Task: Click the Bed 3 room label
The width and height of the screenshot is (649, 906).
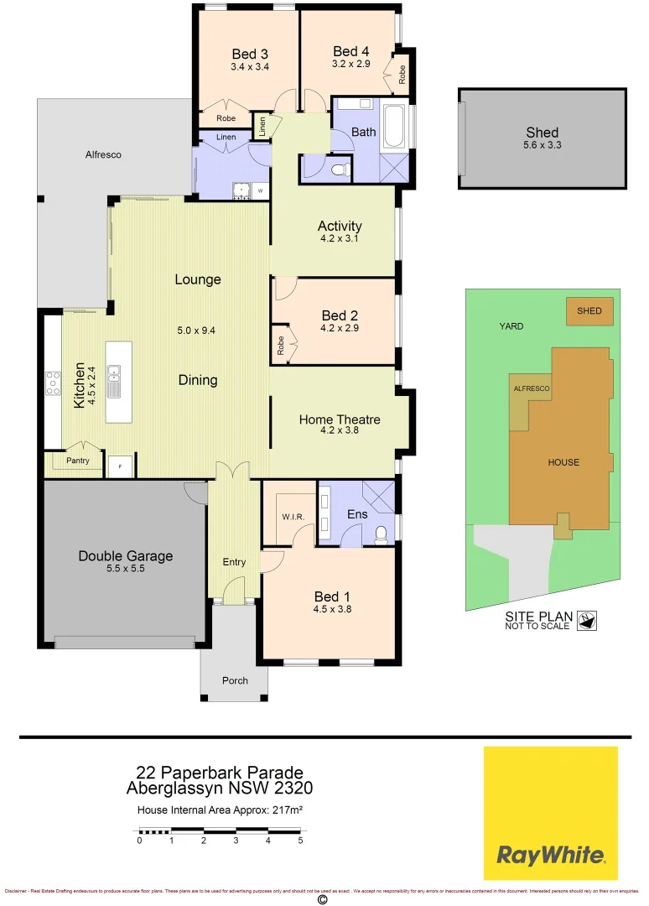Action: click(x=249, y=54)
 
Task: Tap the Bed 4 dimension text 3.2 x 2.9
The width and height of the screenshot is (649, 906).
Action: click(x=350, y=63)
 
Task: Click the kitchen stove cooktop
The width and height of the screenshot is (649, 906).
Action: click(x=53, y=383)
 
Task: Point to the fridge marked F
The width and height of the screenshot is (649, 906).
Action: click(x=119, y=466)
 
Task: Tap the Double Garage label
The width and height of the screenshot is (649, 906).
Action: click(x=125, y=555)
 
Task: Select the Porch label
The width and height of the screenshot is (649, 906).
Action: click(x=235, y=680)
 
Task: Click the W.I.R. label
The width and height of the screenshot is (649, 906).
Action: click(x=293, y=516)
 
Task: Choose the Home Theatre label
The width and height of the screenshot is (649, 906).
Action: click(x=340, y=419)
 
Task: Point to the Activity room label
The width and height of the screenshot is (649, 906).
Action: click(x=340, y=226)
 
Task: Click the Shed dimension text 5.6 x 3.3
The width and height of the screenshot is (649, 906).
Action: click(x=542, y=144)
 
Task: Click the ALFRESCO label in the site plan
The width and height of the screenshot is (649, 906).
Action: click(x=532, y=389)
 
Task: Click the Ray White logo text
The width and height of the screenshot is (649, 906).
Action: click(x=550, y=856)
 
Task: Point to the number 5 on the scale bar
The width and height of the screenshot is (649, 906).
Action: click(x=300, y=840)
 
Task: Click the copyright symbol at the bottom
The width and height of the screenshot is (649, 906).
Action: click(x=321, y=899)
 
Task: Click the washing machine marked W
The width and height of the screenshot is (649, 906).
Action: click(x=260, y=191)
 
